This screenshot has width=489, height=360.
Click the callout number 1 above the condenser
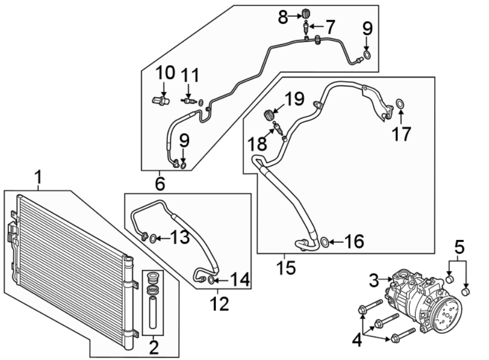[x=39, y=177]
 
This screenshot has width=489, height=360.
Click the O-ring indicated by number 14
[x=211, y=280]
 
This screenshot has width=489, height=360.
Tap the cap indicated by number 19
[x=268, y=114]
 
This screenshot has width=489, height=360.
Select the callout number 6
[x=160, y=184]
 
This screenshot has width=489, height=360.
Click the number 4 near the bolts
[x=357, y=341]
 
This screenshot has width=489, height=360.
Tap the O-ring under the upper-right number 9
[x=367, y=54]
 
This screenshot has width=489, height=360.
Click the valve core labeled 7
[x=308, y=27]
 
